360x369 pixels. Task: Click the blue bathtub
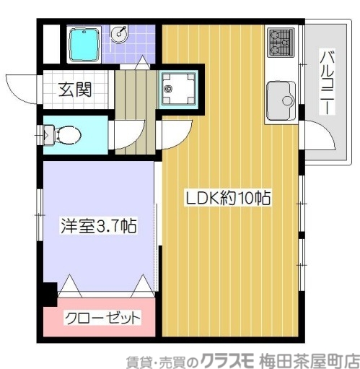(84, 45)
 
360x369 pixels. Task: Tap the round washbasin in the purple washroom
(120, 34)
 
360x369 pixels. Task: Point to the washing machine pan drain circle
(169, 90)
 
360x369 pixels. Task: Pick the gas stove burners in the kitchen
(280, 42)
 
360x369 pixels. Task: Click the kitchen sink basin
(280, 97)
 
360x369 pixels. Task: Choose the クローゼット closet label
(102, 318)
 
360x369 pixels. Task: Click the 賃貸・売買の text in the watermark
(154, 358)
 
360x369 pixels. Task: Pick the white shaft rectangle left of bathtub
(49, 44)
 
